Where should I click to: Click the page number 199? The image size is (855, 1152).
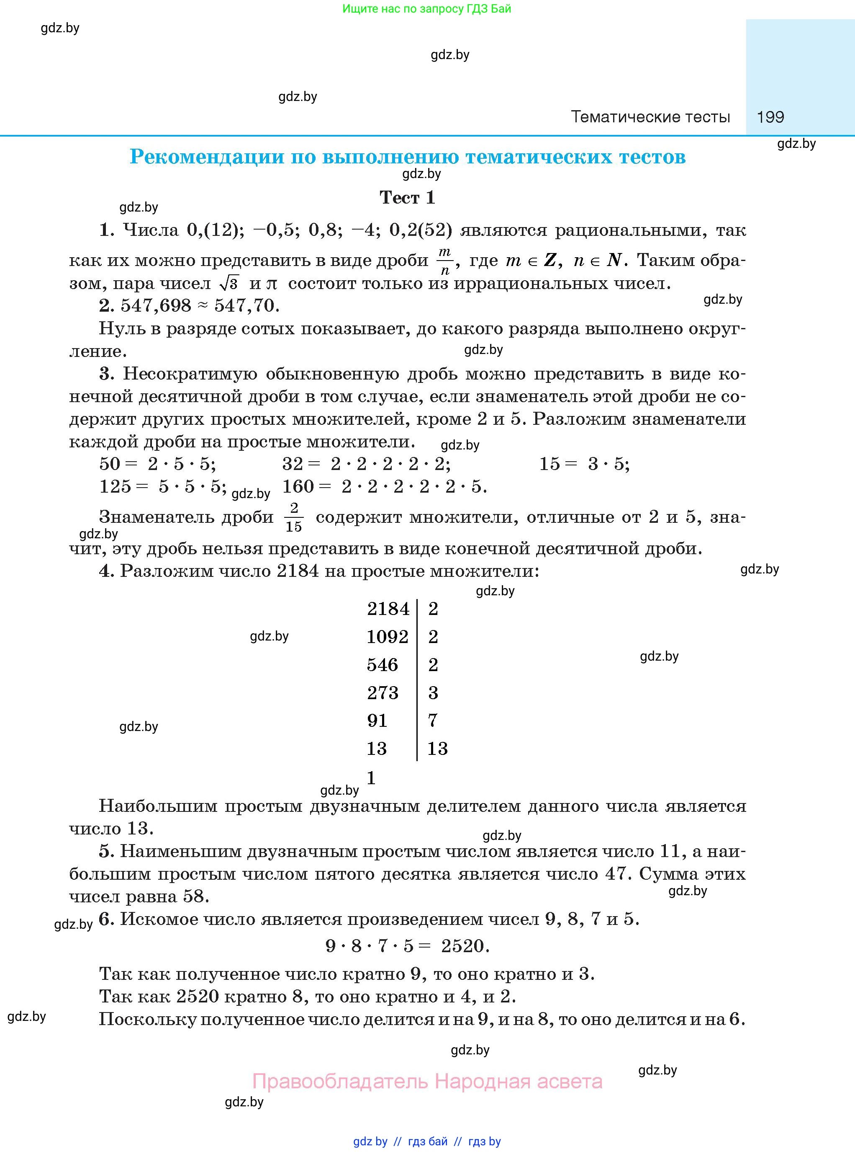(x=770, y=117)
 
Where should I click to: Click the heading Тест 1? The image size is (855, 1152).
(x=407, y=197)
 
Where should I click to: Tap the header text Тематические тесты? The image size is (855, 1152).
(x=650, y=117)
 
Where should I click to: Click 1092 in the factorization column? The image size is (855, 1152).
(x=388, y=637)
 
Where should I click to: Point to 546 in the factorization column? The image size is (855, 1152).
(x=383, y=664)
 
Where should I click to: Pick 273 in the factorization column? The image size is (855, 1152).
(x=383, y=692)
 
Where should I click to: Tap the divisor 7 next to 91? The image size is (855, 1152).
(x=433, y=721)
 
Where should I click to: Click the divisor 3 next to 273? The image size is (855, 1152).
(x=433, y=692)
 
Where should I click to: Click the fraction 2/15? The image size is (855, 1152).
(x=294, y=517)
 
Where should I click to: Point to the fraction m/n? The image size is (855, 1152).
(x=444, y=261)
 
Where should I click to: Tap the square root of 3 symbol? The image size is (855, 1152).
(x=229, y=283)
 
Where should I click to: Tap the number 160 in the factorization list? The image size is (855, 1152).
(x=298, y=486)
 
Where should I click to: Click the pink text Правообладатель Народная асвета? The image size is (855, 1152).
(x=427, y=1081)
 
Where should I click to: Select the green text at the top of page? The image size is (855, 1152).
(x=426, y=9)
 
